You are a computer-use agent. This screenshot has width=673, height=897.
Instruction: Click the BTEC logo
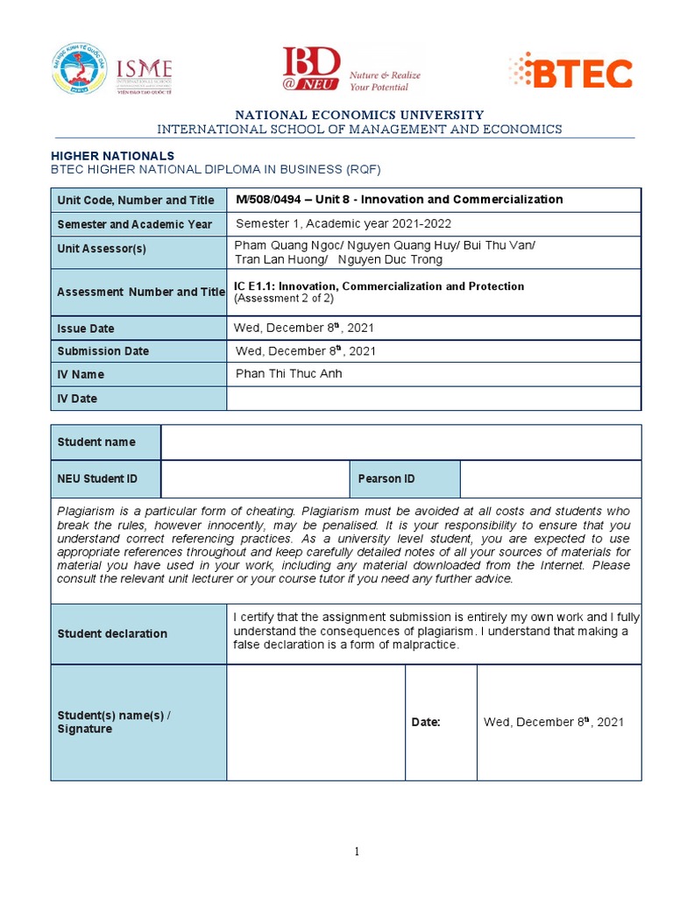point(570,73)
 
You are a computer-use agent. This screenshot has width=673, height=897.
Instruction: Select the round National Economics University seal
point(79,70)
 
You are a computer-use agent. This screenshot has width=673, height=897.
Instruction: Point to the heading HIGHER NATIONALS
point(116,155)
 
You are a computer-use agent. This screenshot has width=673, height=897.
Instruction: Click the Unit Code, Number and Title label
point(135,201)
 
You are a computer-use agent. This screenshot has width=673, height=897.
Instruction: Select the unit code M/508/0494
point(271,200)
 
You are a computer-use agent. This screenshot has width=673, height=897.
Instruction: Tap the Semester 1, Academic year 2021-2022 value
point(337,223)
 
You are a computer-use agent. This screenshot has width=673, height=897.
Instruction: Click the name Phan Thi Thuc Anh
point(289,374)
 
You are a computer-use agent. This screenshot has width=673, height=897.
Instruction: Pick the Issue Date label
point(86,328)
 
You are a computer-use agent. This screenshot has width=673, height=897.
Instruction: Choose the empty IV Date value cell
point(433,399)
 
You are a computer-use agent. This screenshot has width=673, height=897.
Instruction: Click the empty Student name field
point(400,442)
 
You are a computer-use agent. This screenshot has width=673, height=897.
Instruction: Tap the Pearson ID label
point(386,479)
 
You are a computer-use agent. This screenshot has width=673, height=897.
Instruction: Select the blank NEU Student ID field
point(255,479)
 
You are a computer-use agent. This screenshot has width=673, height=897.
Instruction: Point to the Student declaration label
point(112,633)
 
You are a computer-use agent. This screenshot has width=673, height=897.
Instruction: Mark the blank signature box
point(315,723)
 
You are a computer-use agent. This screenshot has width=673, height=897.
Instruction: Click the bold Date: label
point(426,723)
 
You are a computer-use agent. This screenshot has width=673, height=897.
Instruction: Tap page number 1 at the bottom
point(357,851)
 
